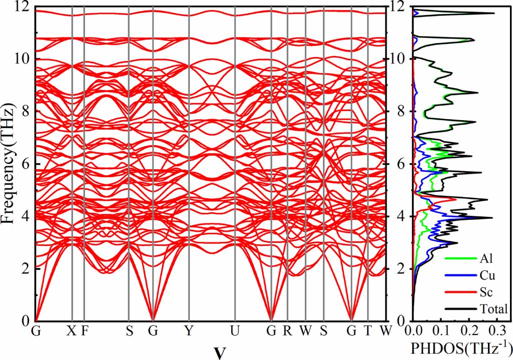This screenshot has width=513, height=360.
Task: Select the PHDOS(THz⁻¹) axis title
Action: (x=461, y=347)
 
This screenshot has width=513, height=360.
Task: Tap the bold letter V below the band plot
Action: (x=219, y=352)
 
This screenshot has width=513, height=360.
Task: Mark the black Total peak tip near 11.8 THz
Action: (x=494, y=14)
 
